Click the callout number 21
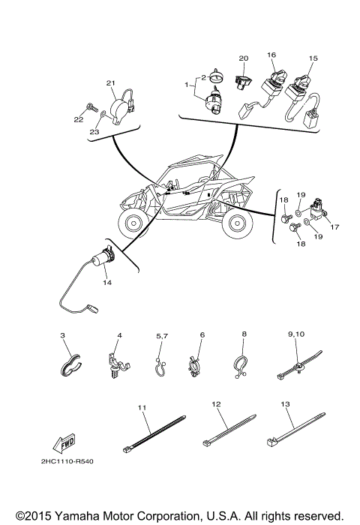tap(109, 82)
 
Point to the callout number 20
tap(242, 58)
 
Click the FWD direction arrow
tap(67, 441)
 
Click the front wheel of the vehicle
tap(136, 223)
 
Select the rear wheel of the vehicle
tap(238, 223)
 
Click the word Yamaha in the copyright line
tap(73, 516)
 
